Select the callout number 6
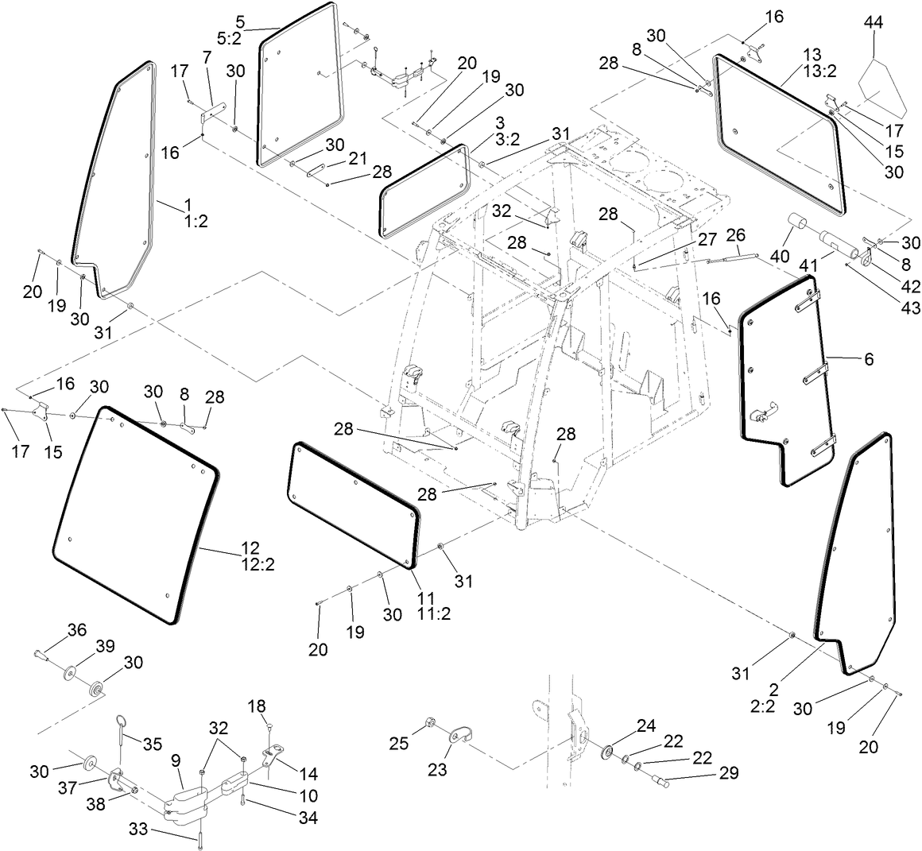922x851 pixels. [868, 359]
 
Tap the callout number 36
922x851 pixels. [76, 630]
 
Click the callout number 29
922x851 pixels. [729, 772]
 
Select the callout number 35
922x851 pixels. [152, 745]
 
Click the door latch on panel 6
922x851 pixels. [762, 416]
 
